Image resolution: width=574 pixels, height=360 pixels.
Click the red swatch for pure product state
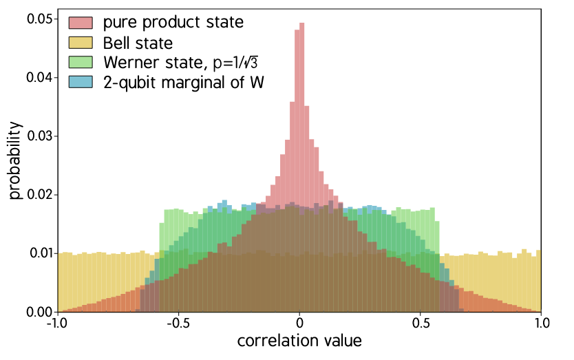pos(81,22)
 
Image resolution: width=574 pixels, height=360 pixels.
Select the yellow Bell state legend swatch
pos(81,42)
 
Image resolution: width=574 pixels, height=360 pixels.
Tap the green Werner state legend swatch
pos(81,62)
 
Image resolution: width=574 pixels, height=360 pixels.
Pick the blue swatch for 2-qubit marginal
pos(81,82)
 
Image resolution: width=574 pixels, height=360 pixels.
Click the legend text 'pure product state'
pos(173,22)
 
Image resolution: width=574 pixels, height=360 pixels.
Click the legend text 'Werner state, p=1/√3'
pos(184,62)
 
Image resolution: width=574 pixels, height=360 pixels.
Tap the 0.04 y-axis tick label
pos(38,77)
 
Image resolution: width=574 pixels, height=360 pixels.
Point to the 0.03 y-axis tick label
pos(38,136)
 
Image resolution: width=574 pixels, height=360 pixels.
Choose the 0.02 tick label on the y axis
pos(38,194)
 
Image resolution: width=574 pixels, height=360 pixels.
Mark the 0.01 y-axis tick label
pos(38,253)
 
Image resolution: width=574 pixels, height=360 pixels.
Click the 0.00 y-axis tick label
pos(38,311)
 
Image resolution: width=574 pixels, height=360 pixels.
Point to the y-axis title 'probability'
pos(17,160)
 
